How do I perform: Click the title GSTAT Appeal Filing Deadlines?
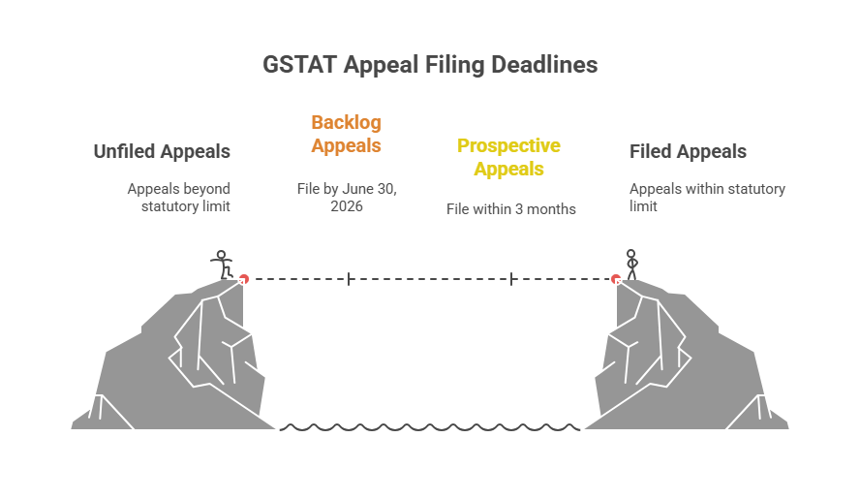[430, 65]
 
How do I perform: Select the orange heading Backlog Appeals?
[346, 134]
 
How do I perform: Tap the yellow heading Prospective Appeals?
[508, 157]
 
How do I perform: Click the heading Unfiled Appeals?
[162, 151]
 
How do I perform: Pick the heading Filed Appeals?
[688, 151]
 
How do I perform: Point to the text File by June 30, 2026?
[346, 197]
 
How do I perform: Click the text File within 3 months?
[510, 208]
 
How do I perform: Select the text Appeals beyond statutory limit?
[179, 197]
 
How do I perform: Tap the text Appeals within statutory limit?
[707, 197]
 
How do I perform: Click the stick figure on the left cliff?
[223, 264]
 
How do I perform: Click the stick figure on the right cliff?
[631, 264]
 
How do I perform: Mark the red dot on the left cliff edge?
[244, 279]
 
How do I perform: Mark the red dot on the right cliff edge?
[615, 279]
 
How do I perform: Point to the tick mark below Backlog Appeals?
[349, 279]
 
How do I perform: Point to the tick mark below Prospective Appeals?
[511, 279]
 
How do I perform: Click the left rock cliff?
[174, 359]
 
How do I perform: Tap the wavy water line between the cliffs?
[430, 426]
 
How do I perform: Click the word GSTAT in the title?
[299, 65]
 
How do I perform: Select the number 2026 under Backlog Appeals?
[346, 205]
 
